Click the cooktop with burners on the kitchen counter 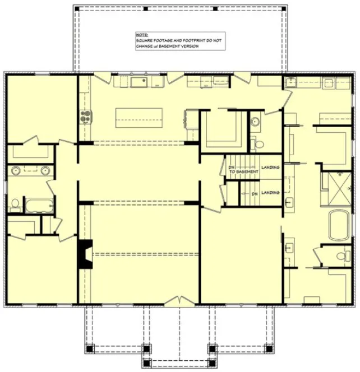coord(86,117)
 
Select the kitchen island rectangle coord(139,118)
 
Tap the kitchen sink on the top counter coord(139,83)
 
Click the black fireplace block coord(85,253)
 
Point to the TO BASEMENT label coord(243,171)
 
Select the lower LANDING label coord(271,193)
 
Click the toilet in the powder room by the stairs coord(259,144)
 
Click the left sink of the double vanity coord(16,170)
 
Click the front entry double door coord(179,303)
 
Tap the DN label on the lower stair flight coord(254,193)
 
